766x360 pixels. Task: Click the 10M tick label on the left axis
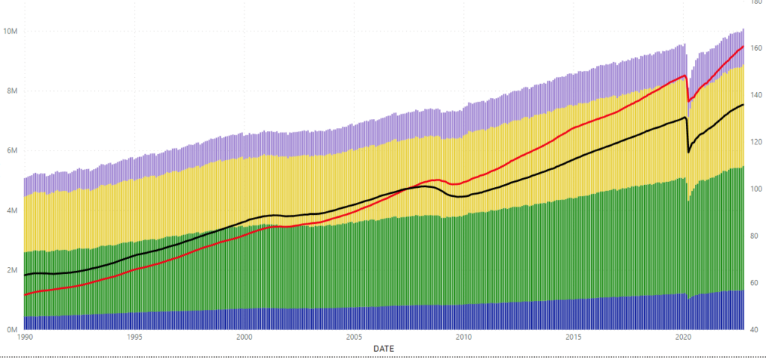click(x=10, y=31)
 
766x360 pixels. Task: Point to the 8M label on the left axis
click(x=10, y=91)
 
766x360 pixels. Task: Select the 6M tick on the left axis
click(x=10, y=150)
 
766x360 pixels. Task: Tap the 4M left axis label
click(x=10, y=210)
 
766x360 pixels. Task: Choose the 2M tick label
click(x=10, y=270)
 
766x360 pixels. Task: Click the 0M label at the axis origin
click(x=10, y=329)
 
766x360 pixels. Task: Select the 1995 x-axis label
click(x=135, y=338)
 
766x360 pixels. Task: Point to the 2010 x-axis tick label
click(x=464, y=338)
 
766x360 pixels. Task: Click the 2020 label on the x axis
click(x=684, y=338)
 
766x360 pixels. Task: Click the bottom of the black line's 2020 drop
click(x=689, y=152)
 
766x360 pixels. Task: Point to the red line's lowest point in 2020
click(x=689, y=101)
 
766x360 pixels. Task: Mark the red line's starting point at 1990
click(x=25, y=295)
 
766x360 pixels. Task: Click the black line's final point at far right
click(x=744, y=105)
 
